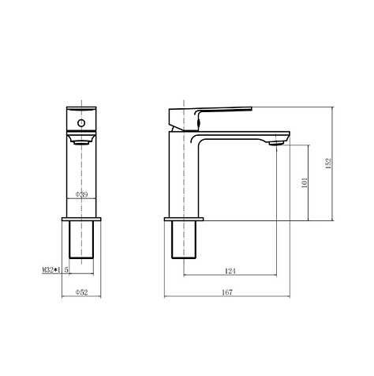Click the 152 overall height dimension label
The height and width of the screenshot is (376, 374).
(x=329, y=164)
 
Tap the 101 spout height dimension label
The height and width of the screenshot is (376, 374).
(x=305, y=182)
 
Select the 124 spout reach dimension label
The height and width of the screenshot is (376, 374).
(x=230, y=271)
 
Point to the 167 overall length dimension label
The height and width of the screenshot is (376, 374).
(x=227, y=292)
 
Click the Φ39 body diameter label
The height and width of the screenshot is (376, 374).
(x=81, y=194)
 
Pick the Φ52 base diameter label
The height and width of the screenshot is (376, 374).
(x=81, y=292)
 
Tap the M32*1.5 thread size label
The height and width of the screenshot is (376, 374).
(x=55, y=270)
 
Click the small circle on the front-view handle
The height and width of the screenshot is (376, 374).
(x=81, y=123)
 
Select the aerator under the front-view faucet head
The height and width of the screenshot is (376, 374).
(x=81, y=143)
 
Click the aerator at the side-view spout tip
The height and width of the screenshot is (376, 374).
(x=276, y=143)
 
